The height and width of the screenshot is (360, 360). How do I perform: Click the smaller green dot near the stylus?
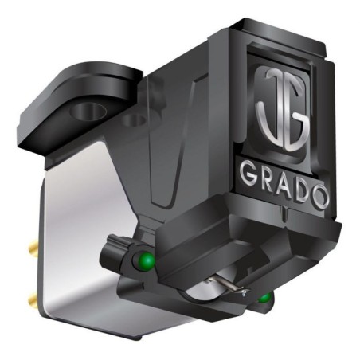tap(263, 299)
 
